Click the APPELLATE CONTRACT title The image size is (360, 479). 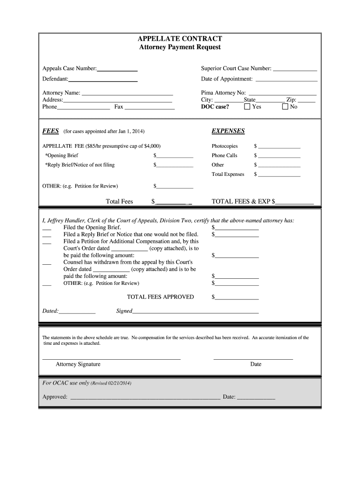[x=180, y=39]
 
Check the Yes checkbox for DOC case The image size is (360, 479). [x=247, y=107]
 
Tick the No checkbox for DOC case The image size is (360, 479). [x=285, y=107]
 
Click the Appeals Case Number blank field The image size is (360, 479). [x=117, y=69]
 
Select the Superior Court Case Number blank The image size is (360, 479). [x=295, y=69]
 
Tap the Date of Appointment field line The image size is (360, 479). [x=286, y=80]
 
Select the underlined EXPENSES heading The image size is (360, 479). [x=228, y=131]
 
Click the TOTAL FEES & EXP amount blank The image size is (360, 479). [x=295, y=202]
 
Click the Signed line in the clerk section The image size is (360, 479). [x=195, y=312]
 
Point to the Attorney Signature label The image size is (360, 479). [x=78, y=364]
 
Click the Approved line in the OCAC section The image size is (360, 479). [x=145, y=398]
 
